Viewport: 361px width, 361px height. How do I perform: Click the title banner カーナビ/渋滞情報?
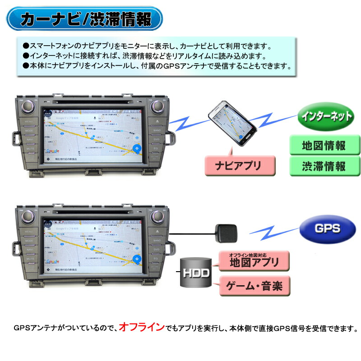[x=86, y=19]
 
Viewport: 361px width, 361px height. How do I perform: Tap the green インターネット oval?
[x=325, y=116]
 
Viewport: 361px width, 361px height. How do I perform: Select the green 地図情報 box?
[x=324, y=146]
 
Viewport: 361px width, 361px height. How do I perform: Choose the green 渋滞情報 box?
[x=324, y=166]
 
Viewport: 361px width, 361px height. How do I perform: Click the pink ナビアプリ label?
[x=240, y=165]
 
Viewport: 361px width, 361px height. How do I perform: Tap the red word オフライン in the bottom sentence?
[x=142, y=327]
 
